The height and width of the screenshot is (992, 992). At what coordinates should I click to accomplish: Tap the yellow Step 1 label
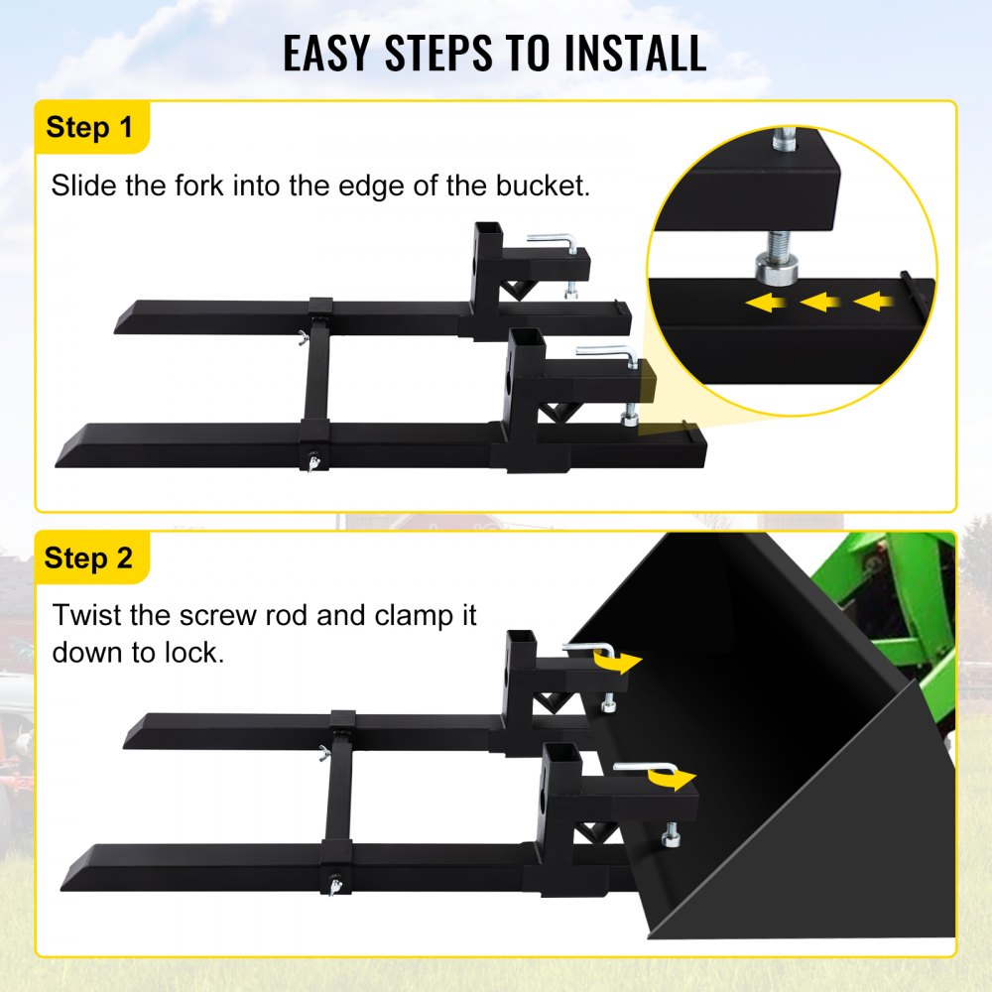[x=89, y=127]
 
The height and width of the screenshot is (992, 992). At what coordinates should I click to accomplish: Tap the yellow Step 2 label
[x=89, y=558]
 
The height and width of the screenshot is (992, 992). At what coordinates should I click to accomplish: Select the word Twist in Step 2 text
[x=88, y=615]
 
